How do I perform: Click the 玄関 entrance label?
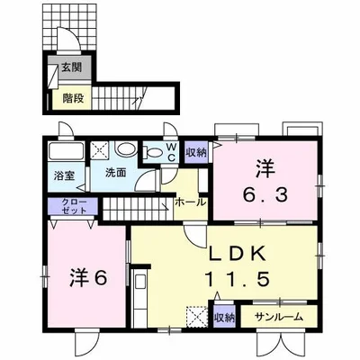pos(72,67)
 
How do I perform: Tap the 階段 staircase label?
pos(73,98)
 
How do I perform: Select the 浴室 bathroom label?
pos(64,175)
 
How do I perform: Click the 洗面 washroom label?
pos(115,173)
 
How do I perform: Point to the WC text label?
pos(171,153)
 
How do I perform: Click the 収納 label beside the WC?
pos(196,152)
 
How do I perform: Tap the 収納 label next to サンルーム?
pos(224,318)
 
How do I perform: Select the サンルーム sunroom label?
pos(279,317)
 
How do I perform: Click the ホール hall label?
pos(191,202)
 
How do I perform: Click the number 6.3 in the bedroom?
pos(265,195)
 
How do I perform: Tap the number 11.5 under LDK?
pos(237,279)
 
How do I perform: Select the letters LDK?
pos(237,255)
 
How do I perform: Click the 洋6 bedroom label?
pos(88,278)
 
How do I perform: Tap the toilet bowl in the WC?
pos(153,153)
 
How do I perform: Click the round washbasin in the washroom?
pos(126,149)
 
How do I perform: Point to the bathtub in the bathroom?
pos(66,152)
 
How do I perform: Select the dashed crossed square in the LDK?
pos(197,316)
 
